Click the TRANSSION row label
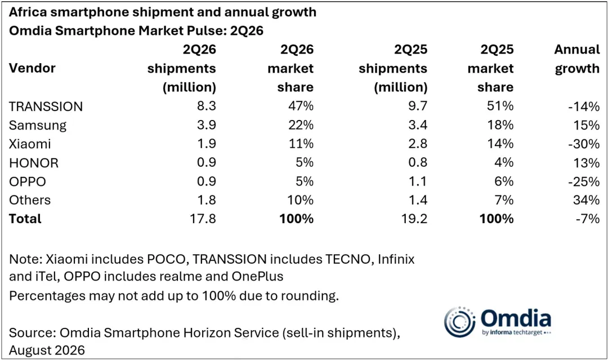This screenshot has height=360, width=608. [x=46, y=106]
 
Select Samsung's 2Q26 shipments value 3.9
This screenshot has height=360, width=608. [x=206, y=125]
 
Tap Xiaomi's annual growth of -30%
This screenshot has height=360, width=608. [x=584, y=144]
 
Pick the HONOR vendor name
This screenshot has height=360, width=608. [x=34, y=163]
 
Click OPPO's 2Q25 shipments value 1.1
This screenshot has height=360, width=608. [x=418, y=181]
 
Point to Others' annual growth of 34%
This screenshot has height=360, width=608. [x=586, y=200]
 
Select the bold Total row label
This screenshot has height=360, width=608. [x=25, y=219]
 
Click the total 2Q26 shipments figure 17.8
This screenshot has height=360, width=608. [x=203, y=219]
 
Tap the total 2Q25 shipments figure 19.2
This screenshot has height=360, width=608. [x=414, y=219]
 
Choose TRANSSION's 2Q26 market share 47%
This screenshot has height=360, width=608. [x=301, y=106]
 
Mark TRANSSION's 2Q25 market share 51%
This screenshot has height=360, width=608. [x=500, y=106]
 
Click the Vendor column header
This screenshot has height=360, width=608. [x=32, y=68]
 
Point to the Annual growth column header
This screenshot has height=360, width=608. [x=577, y=59]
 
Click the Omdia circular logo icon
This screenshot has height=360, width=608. [x=459, y=322]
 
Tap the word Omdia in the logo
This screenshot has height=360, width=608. [x=516, y=318]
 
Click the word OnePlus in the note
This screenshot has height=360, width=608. [x=257, y=276]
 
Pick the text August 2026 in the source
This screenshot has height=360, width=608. [x=47, y=350]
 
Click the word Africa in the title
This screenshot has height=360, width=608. [x=27, y=12]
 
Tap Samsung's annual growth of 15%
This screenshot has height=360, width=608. [x=587, y=125]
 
